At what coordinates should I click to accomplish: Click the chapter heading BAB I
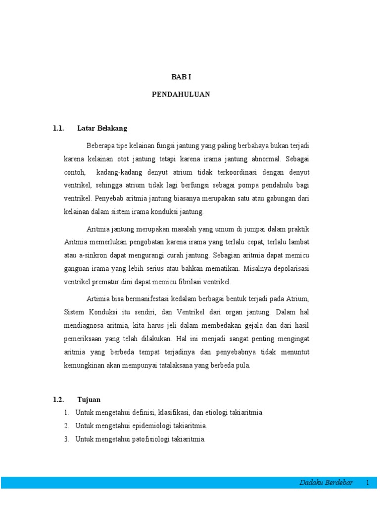181,77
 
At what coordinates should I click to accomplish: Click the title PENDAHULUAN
181,95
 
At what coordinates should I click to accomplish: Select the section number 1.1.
58,128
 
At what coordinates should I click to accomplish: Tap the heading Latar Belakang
102,128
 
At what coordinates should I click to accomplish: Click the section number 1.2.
58,399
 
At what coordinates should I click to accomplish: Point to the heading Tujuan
89,399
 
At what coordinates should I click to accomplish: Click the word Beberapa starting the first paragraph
100,146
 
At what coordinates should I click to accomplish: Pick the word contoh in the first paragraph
74,173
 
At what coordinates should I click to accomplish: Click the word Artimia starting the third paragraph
97,300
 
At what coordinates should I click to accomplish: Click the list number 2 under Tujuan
66,426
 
